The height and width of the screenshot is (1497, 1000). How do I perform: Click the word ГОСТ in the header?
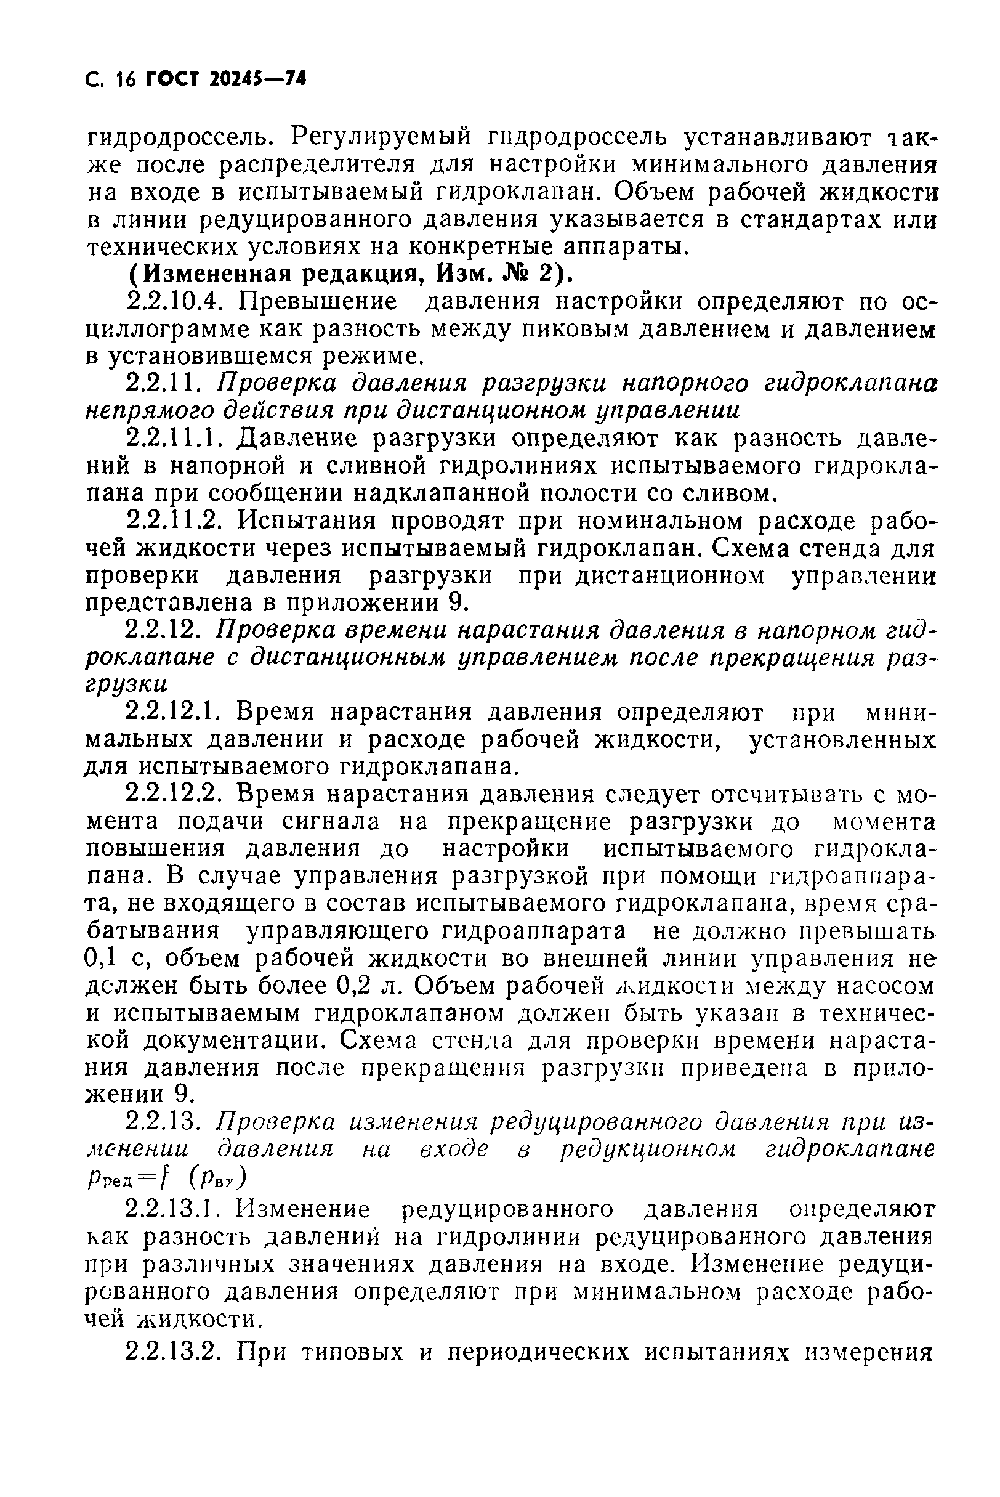coord(174,79)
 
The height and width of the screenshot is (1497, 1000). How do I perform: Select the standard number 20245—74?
coord(257,79)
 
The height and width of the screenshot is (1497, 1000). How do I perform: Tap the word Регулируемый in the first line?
coord(381,136)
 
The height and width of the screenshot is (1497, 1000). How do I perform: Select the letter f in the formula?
coord(165,1177)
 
